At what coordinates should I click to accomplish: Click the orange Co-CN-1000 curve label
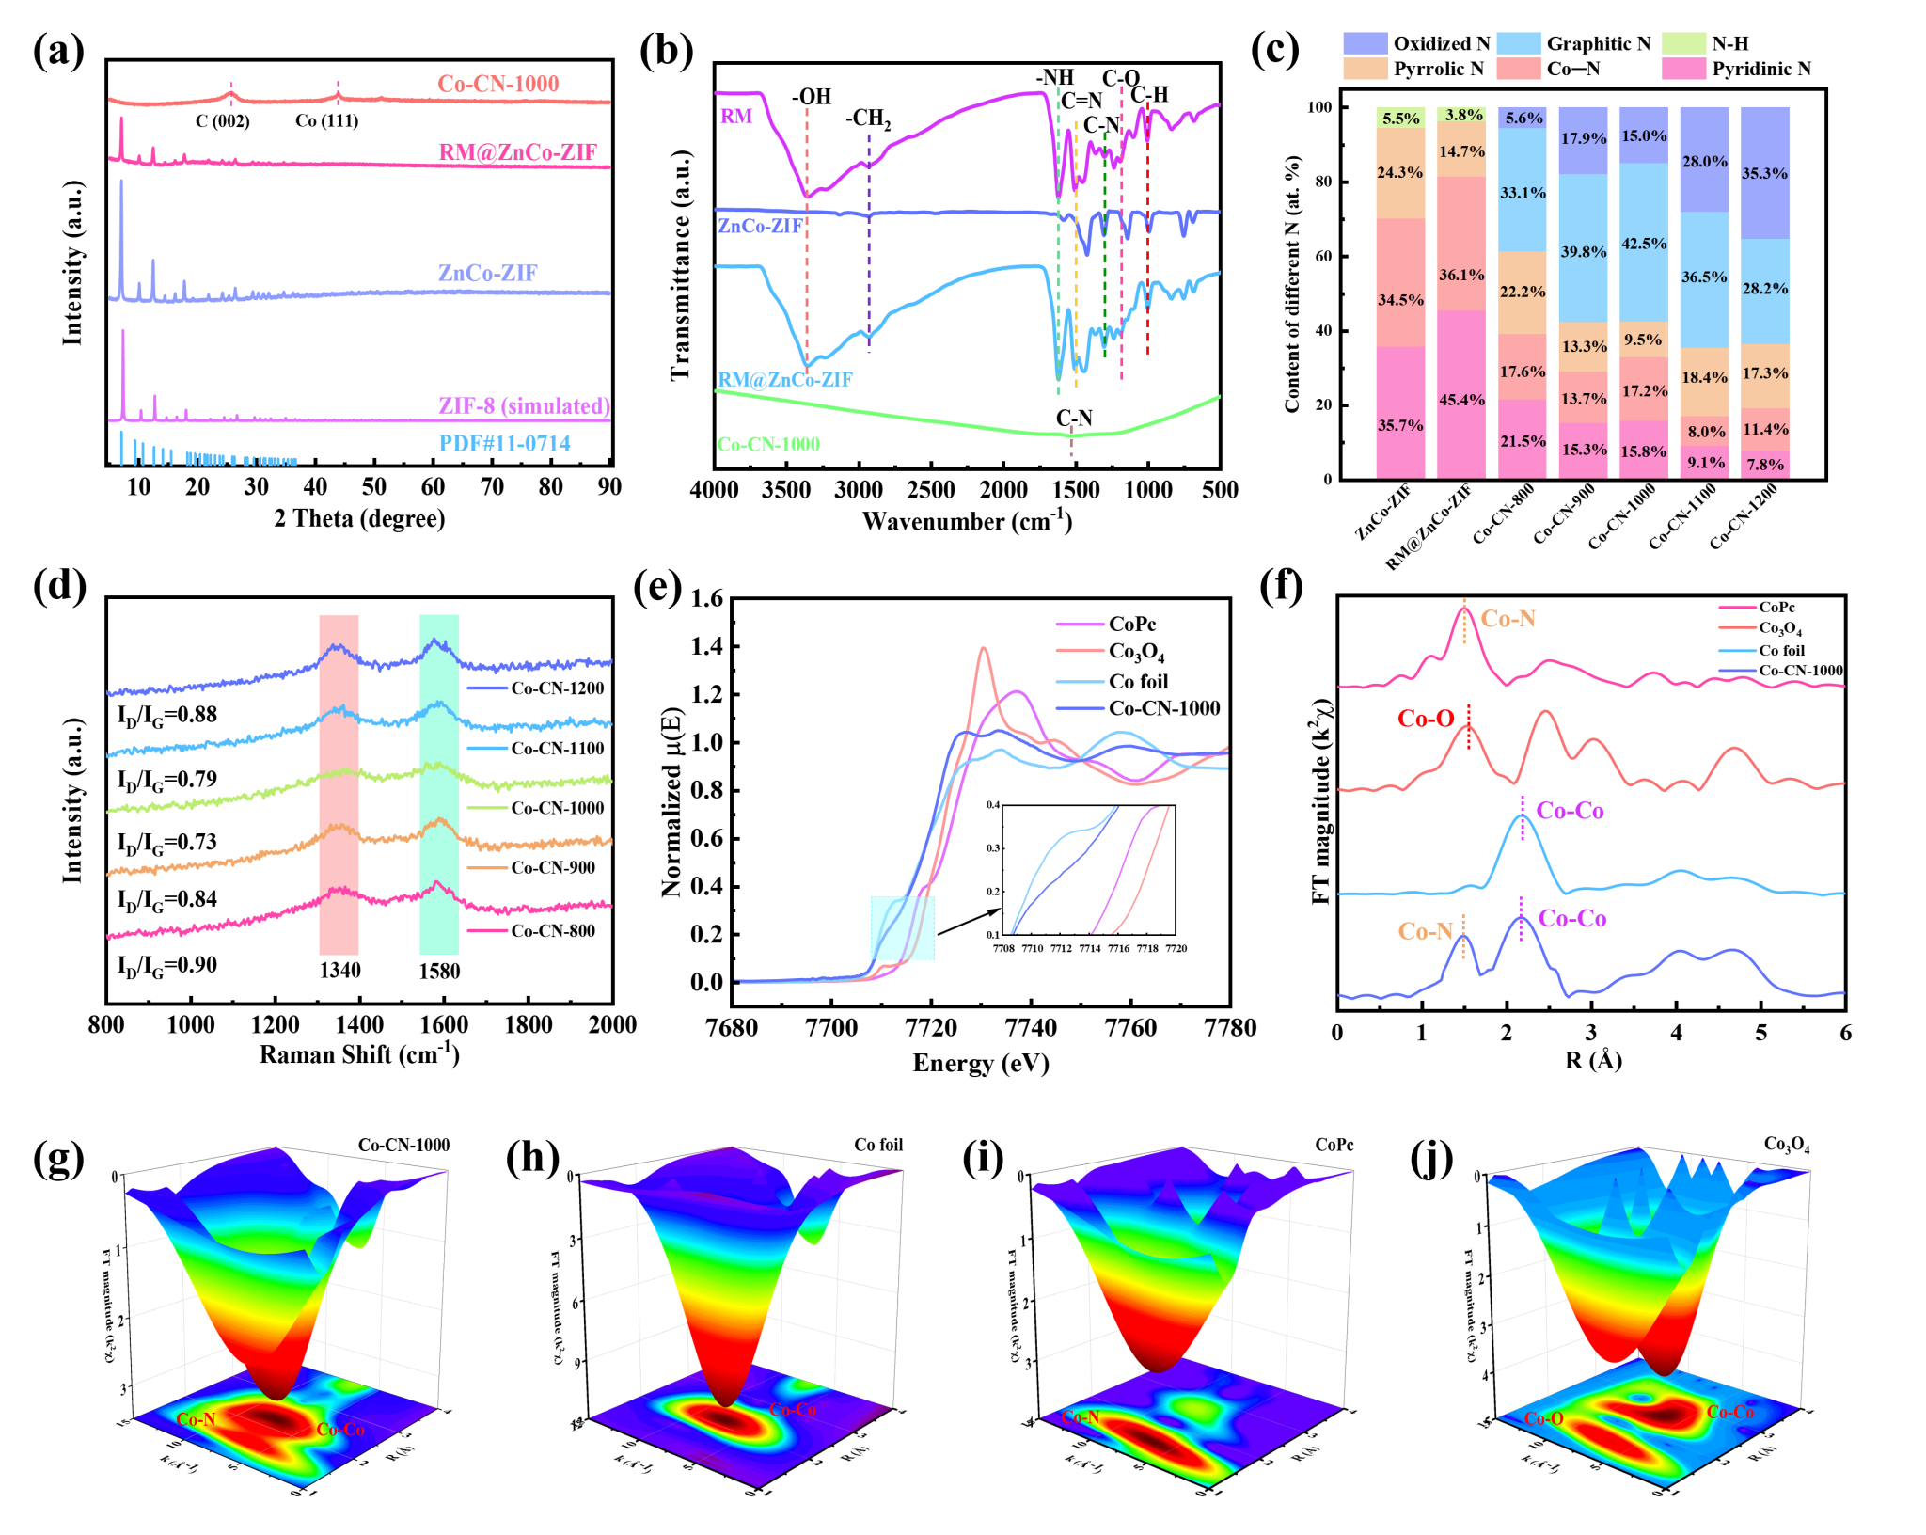point(497,84)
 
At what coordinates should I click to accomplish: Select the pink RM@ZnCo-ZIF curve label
point(517,152)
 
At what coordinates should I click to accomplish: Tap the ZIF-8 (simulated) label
point(524,406)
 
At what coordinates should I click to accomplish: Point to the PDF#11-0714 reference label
point(504,444)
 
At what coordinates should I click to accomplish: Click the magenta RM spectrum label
point(736,117)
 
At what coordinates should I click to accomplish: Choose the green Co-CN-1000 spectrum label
point(767,445)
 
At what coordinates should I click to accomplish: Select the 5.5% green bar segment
point(1400,118)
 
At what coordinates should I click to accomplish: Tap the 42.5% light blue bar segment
point(1644,243)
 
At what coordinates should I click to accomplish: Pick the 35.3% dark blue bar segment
point(1765,173)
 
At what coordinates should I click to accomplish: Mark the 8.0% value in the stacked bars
point(1705,432)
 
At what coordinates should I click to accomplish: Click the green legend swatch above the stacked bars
point(1683,43)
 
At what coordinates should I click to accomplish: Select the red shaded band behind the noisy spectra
point(339,784)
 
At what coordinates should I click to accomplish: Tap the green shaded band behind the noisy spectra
point(439,784)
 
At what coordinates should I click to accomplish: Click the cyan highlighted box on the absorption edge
point(903,928)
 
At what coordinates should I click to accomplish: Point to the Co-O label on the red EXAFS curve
point(1426,720)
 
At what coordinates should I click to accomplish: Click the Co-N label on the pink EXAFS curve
point(1508,619)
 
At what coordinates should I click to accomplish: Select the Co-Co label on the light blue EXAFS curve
point(1570,811)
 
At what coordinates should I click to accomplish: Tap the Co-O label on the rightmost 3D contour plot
point(1543,1418)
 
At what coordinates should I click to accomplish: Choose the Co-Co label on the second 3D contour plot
point(793,1410)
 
